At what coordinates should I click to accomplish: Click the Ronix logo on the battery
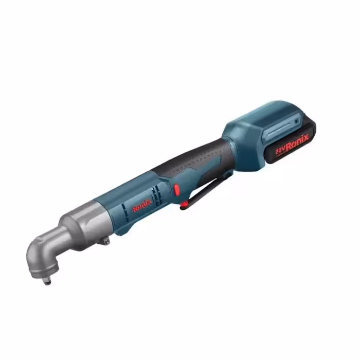click(297, 142)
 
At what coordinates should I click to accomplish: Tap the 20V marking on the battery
click(280, 151)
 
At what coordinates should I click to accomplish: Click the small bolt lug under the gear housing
click(106, 241)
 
